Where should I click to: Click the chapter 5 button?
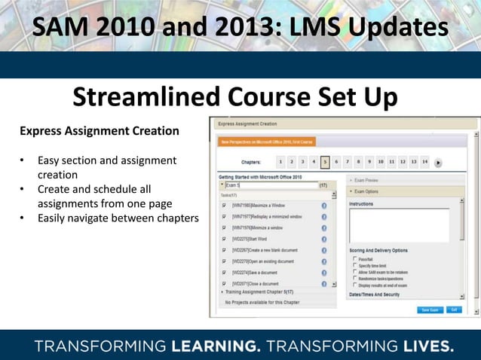[x=325, y=161]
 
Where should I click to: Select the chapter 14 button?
[x=425, y=161]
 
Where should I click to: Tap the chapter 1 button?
[x=280, y=161]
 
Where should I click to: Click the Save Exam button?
[x=429, y=309]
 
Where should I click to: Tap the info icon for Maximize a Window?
[x=324, y=205]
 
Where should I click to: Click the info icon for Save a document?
[x=324, y=273]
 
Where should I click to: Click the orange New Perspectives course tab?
[x=267, y=141]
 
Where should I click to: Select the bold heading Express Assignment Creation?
[x=100, y=131]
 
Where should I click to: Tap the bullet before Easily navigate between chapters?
[x=23, y=218]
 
